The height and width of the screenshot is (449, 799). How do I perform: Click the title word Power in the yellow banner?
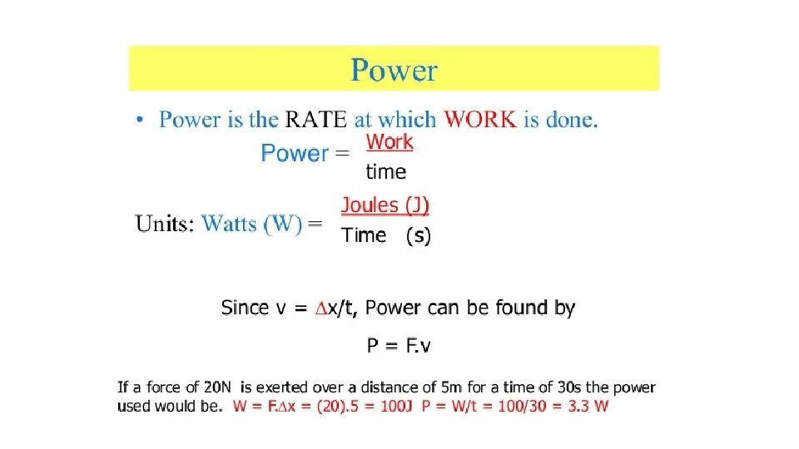pos(394,70)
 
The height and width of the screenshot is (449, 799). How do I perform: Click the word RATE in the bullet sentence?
pos(316,120)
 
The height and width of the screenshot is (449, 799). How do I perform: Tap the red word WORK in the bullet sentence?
pos(480,120)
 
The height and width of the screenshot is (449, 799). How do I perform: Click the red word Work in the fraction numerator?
pos(390,142)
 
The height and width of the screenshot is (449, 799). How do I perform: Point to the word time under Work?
pos(386,172)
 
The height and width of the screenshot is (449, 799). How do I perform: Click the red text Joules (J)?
pos(385,205)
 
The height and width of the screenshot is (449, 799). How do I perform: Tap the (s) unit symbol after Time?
pos(418,236)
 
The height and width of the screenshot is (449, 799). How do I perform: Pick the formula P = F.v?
pos(399,346)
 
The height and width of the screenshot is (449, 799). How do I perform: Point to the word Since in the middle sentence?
pos(246,308)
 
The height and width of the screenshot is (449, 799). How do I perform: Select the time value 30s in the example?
pos(569,387)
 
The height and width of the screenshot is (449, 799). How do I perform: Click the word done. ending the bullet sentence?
pos(572,120)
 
